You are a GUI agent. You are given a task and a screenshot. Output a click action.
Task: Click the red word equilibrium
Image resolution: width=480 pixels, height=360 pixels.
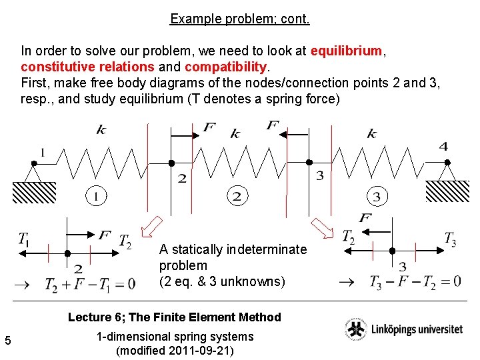(x=346, y=51)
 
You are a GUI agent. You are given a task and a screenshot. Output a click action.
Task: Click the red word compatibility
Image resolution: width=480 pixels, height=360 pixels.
(x=226, y=67)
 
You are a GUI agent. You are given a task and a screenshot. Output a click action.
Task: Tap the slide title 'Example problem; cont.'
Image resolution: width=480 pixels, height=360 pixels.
(x=240, y=19)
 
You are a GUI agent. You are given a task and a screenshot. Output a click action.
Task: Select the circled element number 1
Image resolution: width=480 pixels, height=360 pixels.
(x=95, y=196)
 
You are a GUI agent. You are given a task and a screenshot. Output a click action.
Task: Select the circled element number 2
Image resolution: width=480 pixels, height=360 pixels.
(x=236, y=196)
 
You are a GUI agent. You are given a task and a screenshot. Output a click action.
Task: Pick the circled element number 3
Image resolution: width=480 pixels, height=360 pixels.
(x=377, y=197)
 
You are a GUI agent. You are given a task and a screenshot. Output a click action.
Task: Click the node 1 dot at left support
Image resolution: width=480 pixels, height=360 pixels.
(x=33, y=163)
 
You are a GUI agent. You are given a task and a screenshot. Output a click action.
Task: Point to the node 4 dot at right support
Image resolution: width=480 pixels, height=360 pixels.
(x=447, y=162)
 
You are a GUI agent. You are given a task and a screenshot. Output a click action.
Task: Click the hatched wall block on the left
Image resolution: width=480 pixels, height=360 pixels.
(x=34, y=192)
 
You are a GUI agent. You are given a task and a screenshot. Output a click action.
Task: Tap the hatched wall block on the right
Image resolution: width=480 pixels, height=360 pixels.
(x=447, y=191)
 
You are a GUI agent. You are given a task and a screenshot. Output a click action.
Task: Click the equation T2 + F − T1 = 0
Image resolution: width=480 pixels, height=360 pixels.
(x=89, y=285)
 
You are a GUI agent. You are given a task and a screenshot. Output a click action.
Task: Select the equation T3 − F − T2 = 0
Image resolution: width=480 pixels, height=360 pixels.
(x=415, y=281)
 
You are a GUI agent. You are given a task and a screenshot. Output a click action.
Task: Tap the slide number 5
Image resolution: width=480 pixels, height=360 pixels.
(x=8, y=341)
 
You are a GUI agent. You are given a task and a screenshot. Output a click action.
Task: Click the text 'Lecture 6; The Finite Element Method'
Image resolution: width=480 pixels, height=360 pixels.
(x=175, y=317)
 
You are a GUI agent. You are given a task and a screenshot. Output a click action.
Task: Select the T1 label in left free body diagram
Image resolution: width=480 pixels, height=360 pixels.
(x=24, y=239)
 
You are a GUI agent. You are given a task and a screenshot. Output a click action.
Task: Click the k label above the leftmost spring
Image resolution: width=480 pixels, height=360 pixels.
(x=101, y=129)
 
